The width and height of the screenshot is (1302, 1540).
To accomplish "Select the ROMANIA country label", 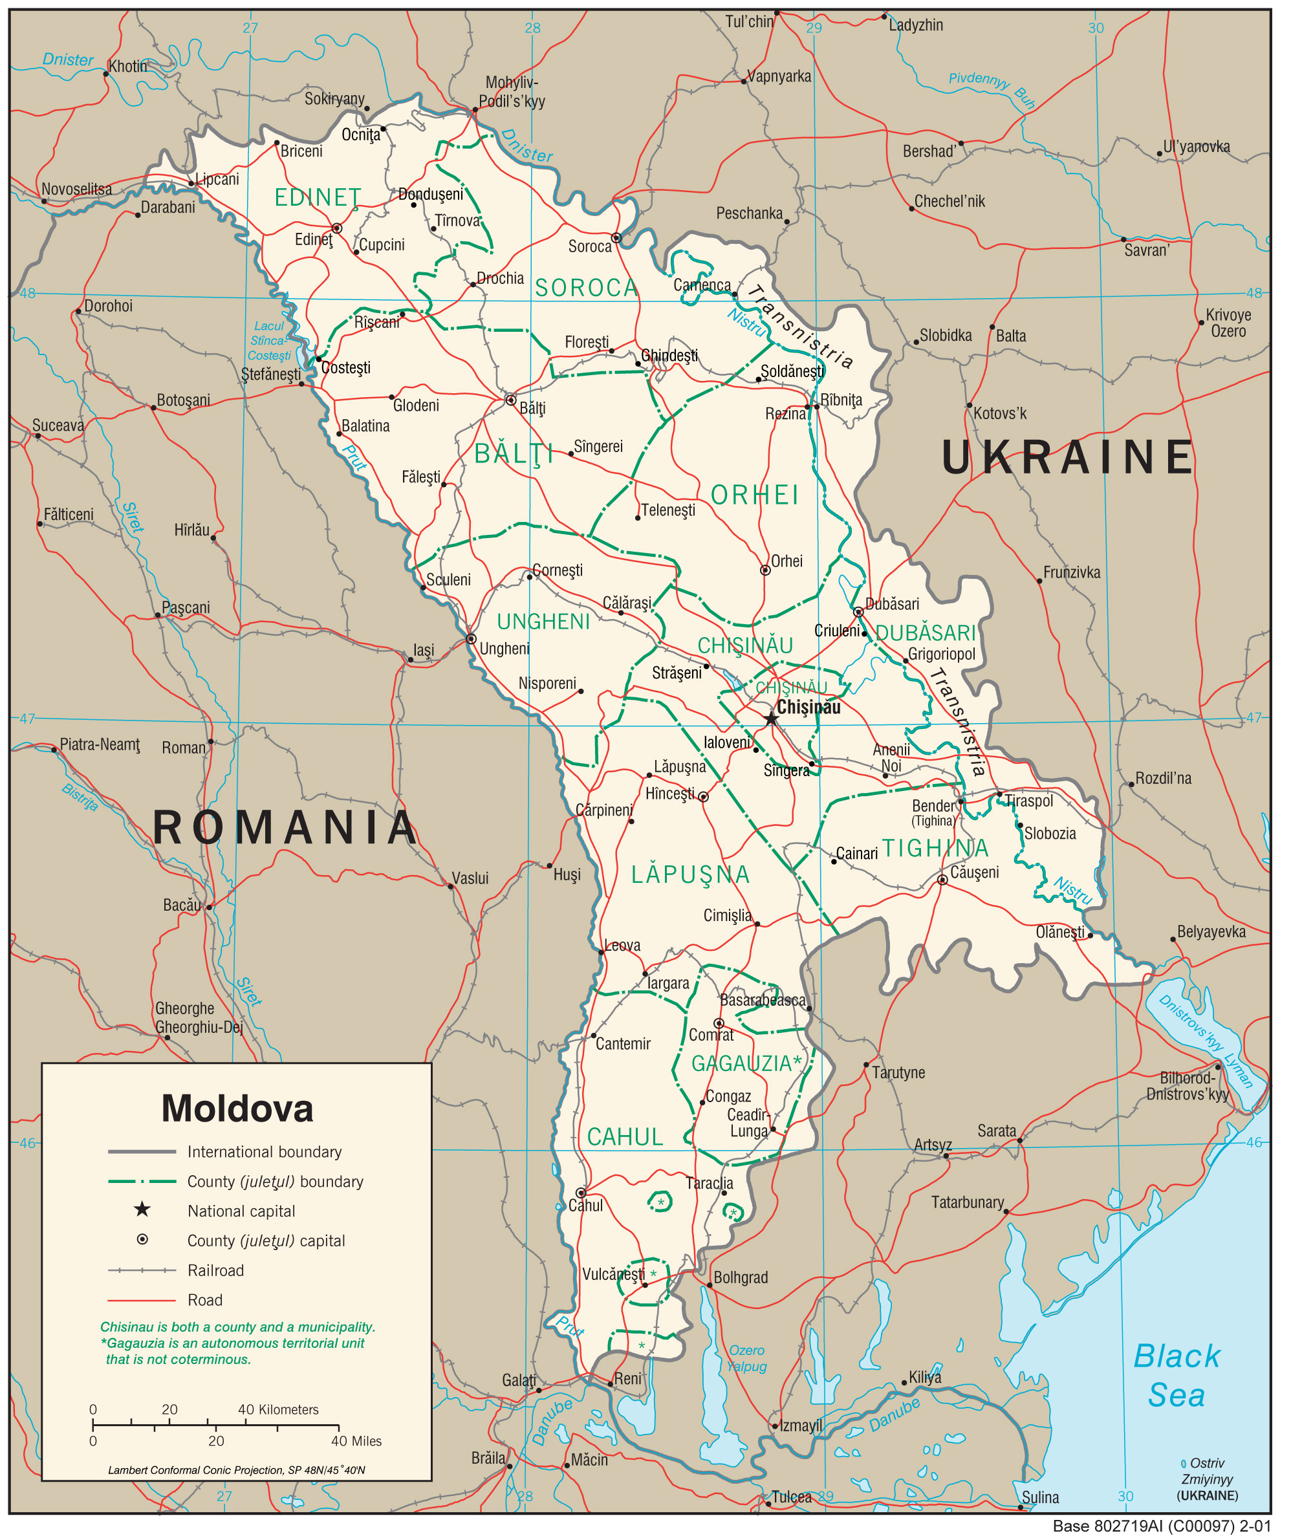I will pyautogui.click(x=285, y=827).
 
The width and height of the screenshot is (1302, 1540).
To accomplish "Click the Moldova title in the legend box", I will pyautogui.click(x=237, y=1109).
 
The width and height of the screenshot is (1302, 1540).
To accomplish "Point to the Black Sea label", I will pyautogui.click(x=1177, y=1376).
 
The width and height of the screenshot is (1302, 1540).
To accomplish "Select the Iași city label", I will pyautogui.click(x=424, y=650).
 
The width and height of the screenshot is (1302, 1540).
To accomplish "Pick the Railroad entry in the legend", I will pyautogui.click(x=215, y=1270).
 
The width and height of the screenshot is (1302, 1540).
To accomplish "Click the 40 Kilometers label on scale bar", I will pyautogui.click(x=277, y=1409).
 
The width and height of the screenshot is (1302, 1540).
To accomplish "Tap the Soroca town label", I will pyautogui.click(x=590, y=246).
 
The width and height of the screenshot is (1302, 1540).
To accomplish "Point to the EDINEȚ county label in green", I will pyautogui.click(x=318, y=198).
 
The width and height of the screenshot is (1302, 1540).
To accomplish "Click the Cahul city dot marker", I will pyautogui.click(x=581, y=1193).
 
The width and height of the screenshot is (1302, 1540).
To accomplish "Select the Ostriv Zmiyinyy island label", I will pyautogui.click(x=1207, y=1479).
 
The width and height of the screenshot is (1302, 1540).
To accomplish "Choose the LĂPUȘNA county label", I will pyautogui.click(x=690, y=875).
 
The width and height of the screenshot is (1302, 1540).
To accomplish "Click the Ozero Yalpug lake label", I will pyautogui.click(x=747, y=1358).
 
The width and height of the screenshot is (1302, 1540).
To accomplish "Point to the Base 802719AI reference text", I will pyautogui.click(x=1161, y=1526).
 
